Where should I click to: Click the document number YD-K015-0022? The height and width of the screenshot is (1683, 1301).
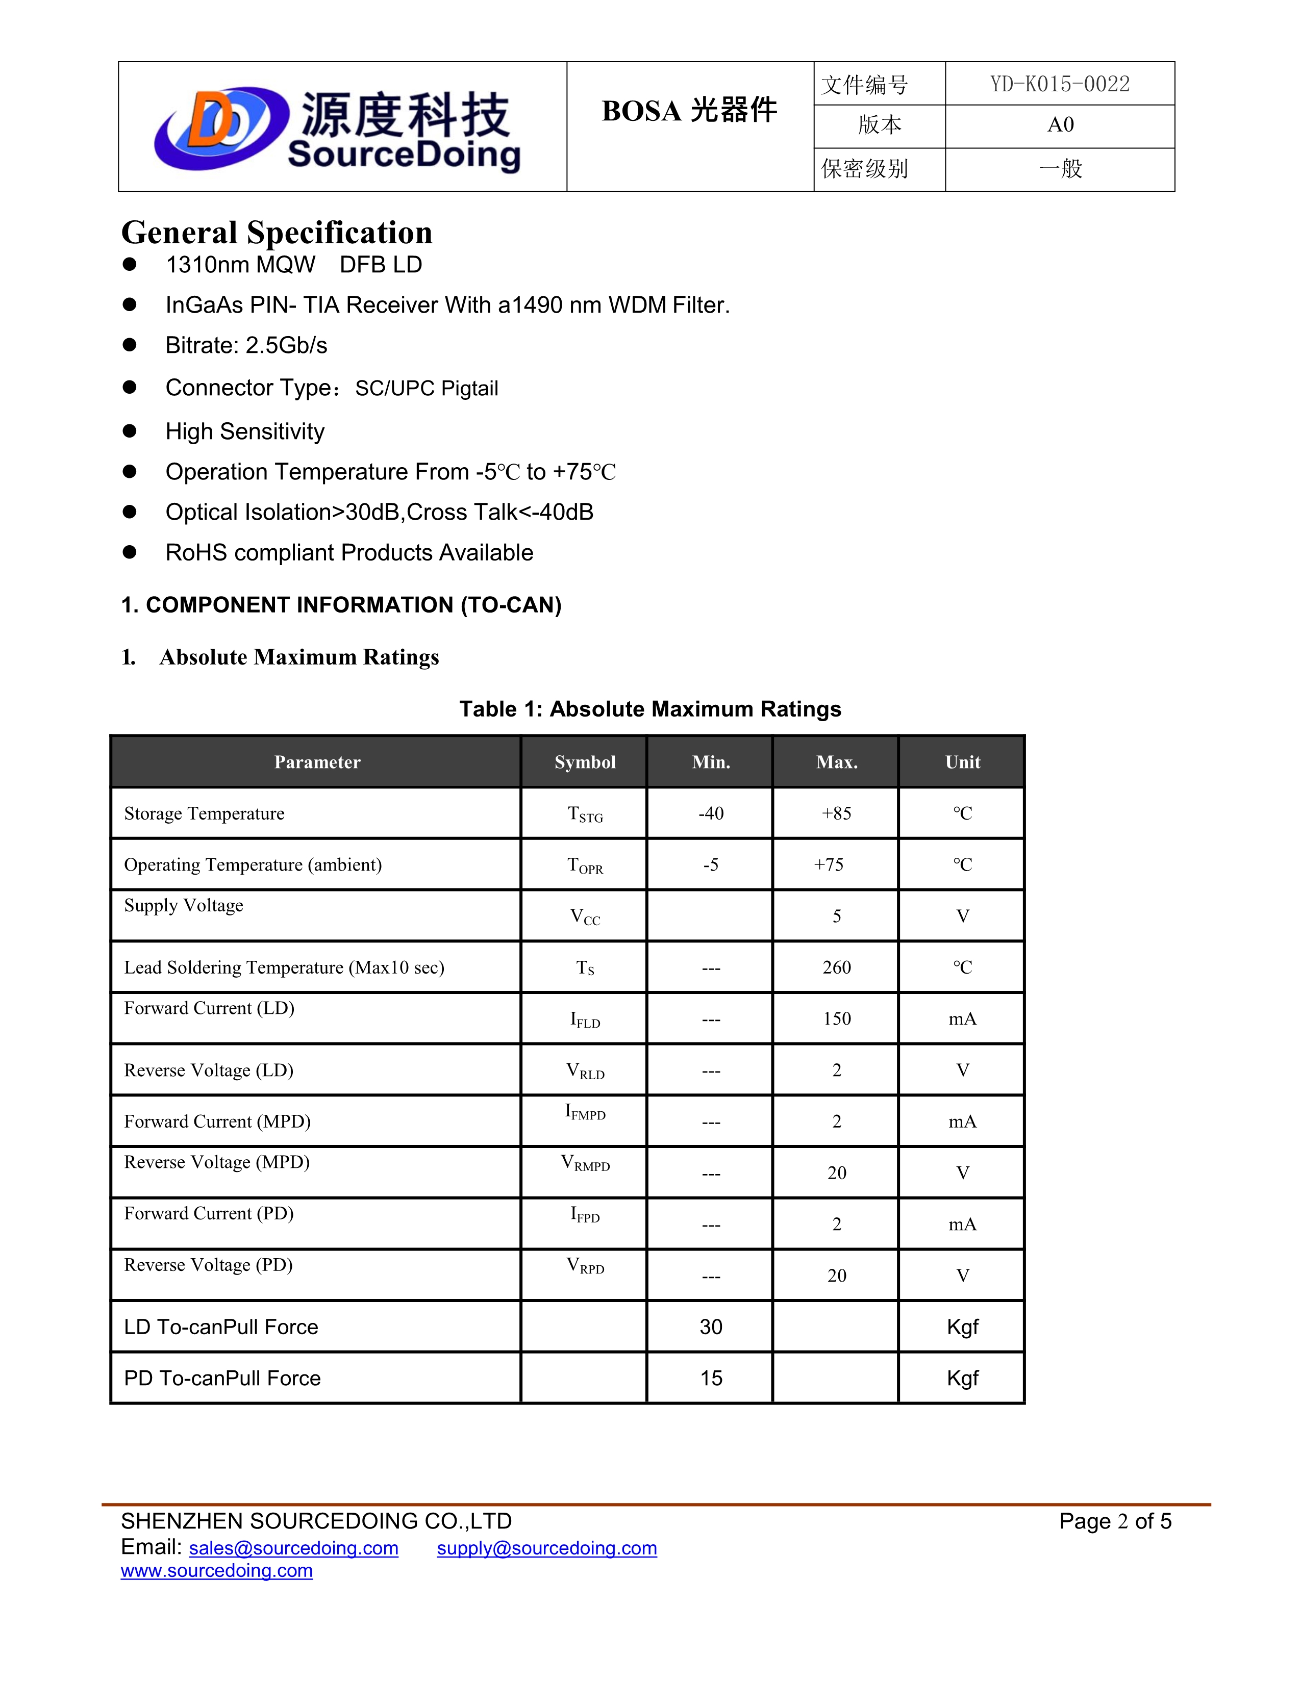click(1060, 84)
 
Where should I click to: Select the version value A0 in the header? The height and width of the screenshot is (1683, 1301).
click(1060, 125)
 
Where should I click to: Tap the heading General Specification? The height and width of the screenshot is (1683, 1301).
click(277, 233)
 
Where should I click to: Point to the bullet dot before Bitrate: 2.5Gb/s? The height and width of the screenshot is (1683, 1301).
click(130, 344)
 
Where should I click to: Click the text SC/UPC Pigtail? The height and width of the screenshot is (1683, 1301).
click(426, 389)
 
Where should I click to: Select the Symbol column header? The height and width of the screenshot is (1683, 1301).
click(585, 762)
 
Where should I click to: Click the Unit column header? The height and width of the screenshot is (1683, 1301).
click(962, 762)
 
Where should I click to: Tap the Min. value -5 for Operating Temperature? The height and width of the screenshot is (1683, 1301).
click(711, 864)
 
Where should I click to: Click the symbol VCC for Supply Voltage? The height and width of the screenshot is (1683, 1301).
click(585, 917)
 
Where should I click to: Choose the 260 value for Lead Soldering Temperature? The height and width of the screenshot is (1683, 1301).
click(836, 967)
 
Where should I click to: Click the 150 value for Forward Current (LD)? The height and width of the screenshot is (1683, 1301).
click(836, 1019)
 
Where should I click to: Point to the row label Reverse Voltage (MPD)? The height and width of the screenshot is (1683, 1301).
click(216, 1162)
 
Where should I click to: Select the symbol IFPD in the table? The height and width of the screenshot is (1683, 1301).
click(585, 1215)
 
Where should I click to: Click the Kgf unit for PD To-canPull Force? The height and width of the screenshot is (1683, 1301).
click(962, 1379)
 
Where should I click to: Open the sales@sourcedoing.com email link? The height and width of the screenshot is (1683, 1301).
click(294, 1548)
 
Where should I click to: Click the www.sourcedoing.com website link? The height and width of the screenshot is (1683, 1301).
click(216, 1570)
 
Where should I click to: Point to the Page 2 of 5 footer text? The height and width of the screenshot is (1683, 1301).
click(1114, 1521)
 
